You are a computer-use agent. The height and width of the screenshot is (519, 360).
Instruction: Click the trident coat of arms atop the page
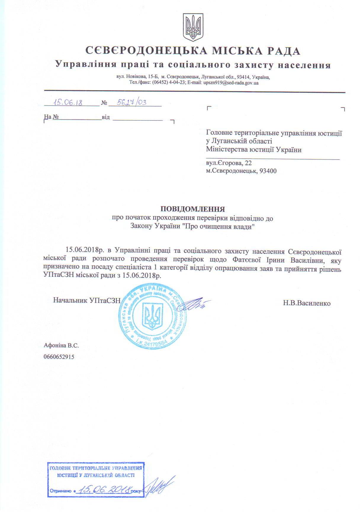tap(193, 27)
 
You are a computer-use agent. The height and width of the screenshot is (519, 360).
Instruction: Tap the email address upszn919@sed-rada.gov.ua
tap(231, 83)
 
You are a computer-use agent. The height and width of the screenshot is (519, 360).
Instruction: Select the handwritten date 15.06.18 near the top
tap(67, 102)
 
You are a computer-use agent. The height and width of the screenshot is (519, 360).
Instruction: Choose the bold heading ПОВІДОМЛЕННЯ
tap(193, 209)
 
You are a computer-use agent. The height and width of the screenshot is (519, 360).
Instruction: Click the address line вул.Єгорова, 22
tap(229, 163)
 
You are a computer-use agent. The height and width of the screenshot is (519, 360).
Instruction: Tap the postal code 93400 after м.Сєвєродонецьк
tap(268, 171)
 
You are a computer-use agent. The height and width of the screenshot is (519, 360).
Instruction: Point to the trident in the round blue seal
tap(152, 316)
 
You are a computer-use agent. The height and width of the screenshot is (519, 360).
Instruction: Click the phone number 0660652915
tap(59, 357)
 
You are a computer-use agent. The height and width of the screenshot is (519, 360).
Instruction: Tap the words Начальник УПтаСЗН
tap(87, 300)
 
